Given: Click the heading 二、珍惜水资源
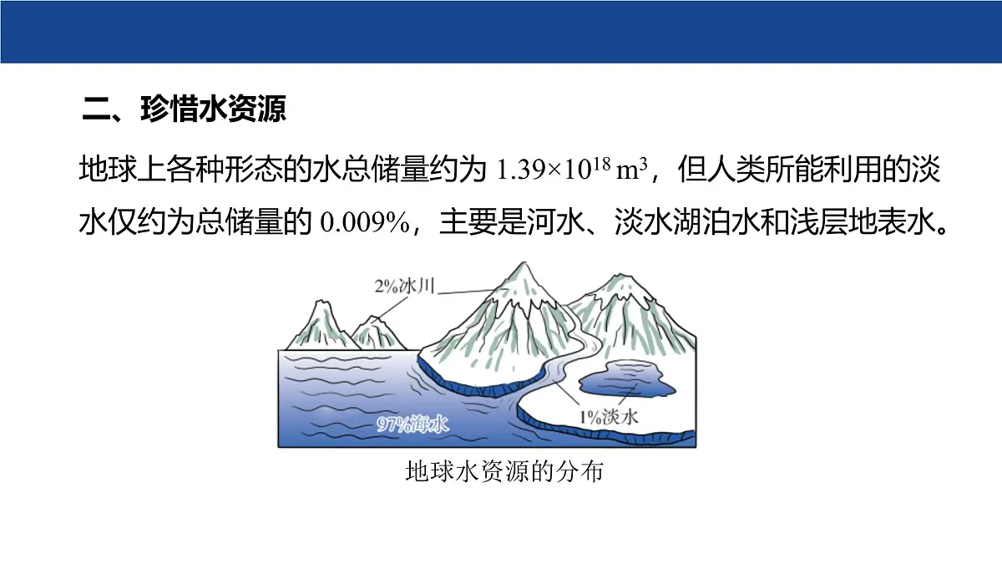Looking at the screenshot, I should [184, 109].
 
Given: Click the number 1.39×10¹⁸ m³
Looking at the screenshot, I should [573, 170].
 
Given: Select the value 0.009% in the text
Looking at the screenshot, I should [366, 224].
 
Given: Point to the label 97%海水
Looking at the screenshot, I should [412, 424].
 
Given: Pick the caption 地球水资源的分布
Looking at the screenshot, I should [503, 471].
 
